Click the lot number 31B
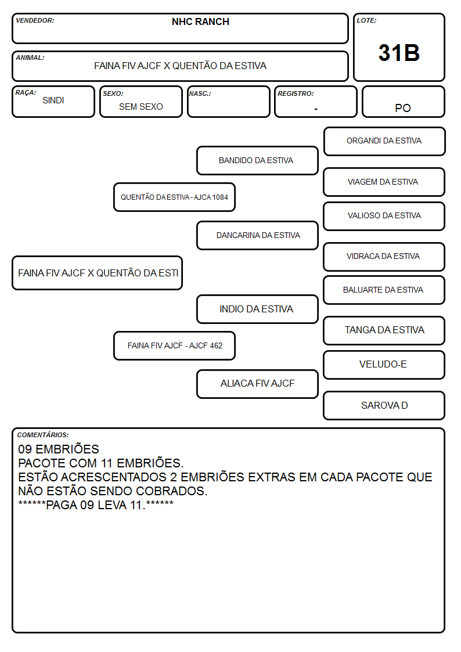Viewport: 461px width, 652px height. tap(399, 53)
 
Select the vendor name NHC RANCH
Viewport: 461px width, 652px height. tap(200, 21)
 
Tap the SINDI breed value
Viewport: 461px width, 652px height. tap(53, 100)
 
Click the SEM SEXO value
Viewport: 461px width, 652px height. tap(141, 107)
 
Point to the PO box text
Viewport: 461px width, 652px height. tap(403, 108)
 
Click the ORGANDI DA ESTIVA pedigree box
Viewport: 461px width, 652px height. tap(384, 141)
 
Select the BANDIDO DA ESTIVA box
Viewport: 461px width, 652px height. tap(257, 160)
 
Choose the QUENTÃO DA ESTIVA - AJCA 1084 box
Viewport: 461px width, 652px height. tap(174, 197)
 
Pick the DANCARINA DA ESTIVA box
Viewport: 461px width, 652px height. tap(257, 235)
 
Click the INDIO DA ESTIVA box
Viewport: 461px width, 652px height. tap(257, 309)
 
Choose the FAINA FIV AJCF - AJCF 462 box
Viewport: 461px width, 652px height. tap(174, 345)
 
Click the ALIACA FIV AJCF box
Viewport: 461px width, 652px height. tap(257, 384)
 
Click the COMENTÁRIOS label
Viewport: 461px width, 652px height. tap(43, 434)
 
